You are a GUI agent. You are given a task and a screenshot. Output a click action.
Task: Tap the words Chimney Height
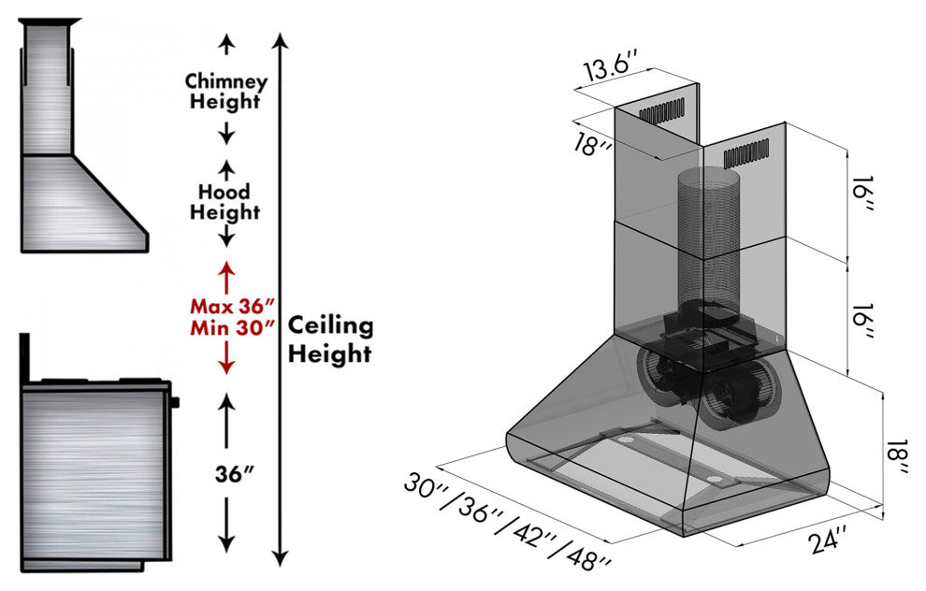(225, 91)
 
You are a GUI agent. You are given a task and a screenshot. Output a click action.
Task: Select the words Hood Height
(224, 202)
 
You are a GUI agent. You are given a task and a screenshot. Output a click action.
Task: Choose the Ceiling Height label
(329, 339)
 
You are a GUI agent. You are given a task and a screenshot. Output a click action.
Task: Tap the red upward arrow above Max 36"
(224, 277)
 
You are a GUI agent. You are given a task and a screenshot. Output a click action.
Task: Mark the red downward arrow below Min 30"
(224, 360)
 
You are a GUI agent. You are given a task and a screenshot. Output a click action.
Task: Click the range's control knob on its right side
(175, 403)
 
